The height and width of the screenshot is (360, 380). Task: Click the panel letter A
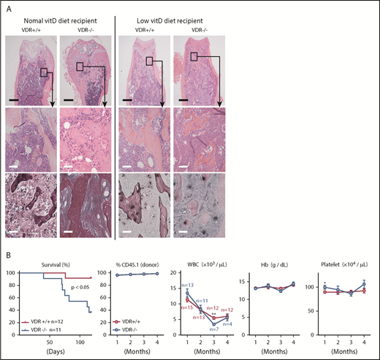point(8,7)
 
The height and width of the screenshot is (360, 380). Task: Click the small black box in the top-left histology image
point(45,72)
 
